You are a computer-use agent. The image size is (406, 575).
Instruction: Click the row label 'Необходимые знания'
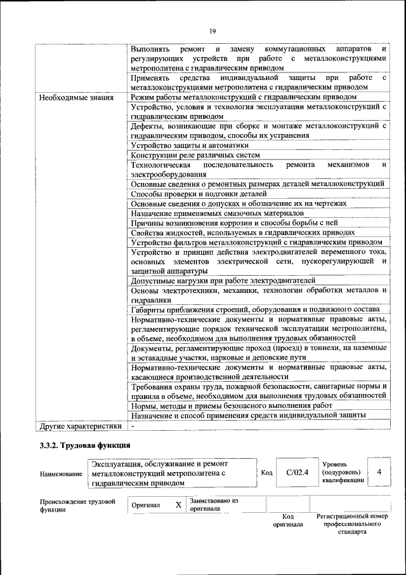click(76, 98)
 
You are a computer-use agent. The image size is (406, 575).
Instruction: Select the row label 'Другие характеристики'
click(80, 426)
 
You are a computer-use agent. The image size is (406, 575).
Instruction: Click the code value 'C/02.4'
click(297, 472)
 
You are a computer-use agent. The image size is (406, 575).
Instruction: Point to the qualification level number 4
click(379, 472)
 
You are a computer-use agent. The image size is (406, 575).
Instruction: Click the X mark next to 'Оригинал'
click(178, 505)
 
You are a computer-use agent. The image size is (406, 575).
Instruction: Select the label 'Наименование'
click(61, 474)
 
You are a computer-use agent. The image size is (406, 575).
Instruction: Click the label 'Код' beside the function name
click(267, 472)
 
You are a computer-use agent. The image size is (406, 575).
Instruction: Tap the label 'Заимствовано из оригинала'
click(214, 504)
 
